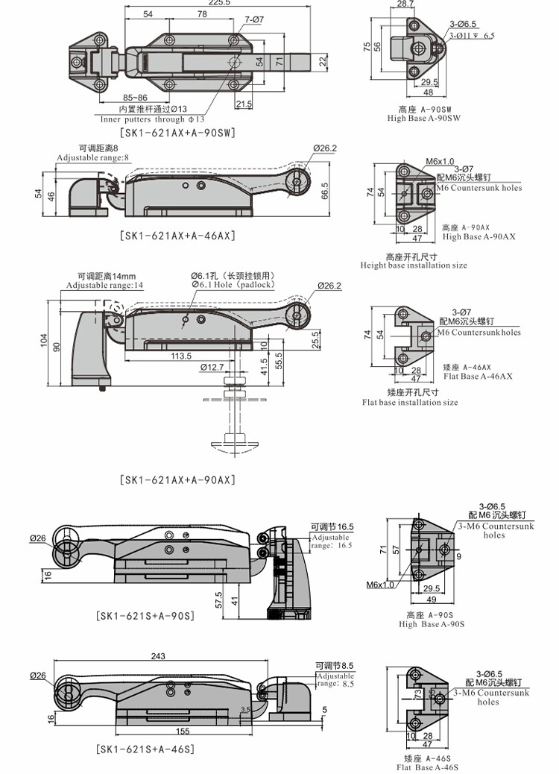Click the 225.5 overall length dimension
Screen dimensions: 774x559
[198, 4]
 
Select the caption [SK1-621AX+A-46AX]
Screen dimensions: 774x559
[177, 236]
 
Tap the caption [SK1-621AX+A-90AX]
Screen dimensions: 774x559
[177, 480]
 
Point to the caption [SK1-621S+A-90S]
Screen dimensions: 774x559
[145, 616]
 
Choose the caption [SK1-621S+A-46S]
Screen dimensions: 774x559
[145, 749]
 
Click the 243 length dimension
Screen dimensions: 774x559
[157, 656]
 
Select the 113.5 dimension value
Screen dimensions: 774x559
[180, 356]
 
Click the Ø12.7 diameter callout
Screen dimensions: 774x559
[212, 367]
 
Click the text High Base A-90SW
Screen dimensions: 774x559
[423, 119]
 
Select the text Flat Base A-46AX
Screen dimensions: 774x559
[478, 377]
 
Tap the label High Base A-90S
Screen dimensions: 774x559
[432, 624]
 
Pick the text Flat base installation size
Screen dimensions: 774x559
[410, 403]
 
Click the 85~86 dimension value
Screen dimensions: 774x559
[135, 98]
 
